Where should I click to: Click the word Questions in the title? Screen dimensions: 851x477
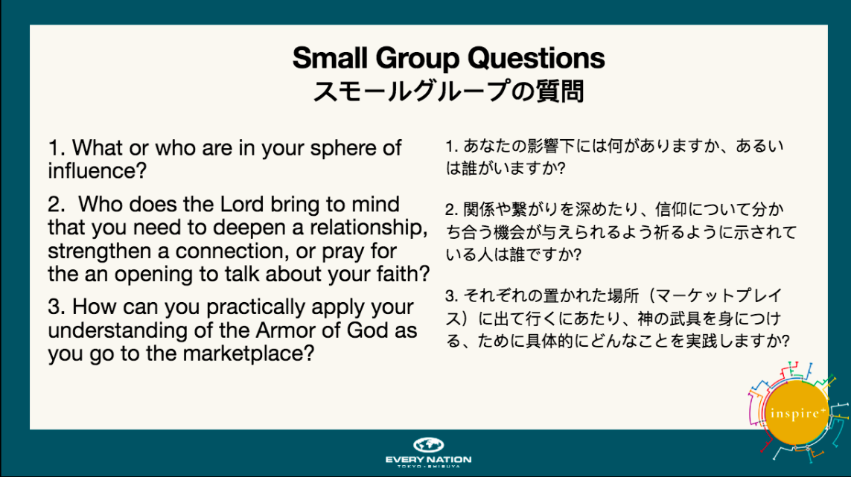click(x=535, y=58)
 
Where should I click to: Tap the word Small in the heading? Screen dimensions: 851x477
click(x=329, y=57)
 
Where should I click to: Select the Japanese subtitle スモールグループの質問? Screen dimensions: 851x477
click(x=448, y=92)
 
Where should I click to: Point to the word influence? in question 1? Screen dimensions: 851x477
click(x=97, y=171)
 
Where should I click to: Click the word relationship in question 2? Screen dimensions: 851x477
click(x=369, y=228)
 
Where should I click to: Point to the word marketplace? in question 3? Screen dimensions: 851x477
click(x=249, y=354)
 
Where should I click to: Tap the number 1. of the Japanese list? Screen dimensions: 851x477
click(x=451, y=146)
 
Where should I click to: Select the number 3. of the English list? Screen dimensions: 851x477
click(x=56, y=307)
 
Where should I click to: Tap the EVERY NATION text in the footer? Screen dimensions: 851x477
click(x=428, y=460)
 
